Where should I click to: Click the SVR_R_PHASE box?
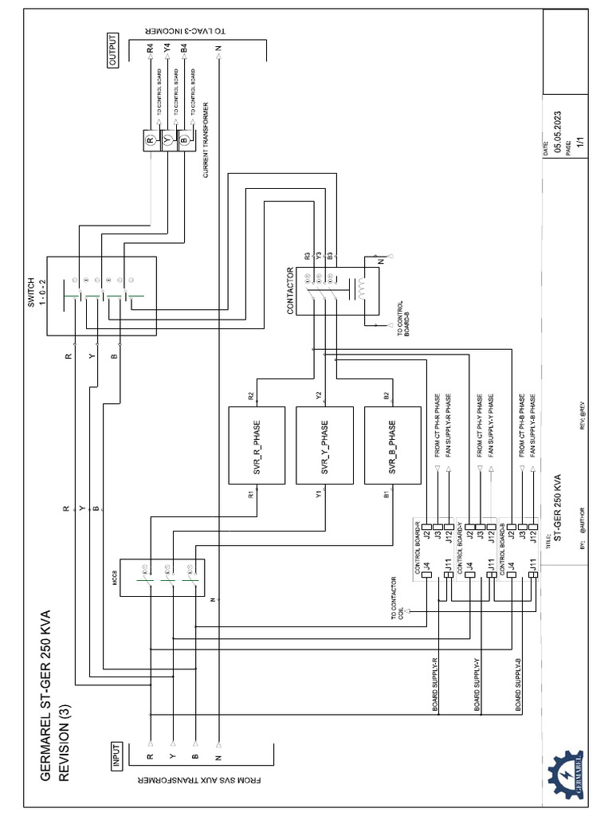coord(257,445)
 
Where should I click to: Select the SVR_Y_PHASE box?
coord(324,445)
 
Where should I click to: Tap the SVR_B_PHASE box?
coord(392,445)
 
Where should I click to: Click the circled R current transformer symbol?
coord(151,141)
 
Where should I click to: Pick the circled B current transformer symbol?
coord(185,141)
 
